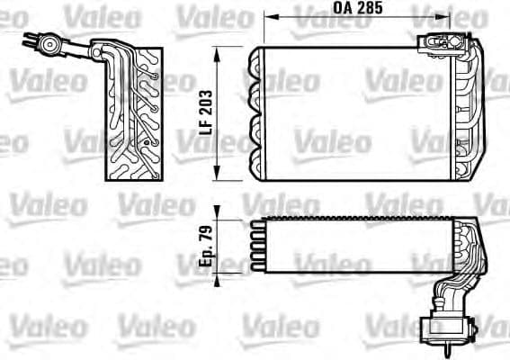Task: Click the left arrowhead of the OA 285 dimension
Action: pos(268,16)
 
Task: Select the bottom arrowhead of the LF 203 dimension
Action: pos(218,178)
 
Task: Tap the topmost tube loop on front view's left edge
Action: pos(255,60)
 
